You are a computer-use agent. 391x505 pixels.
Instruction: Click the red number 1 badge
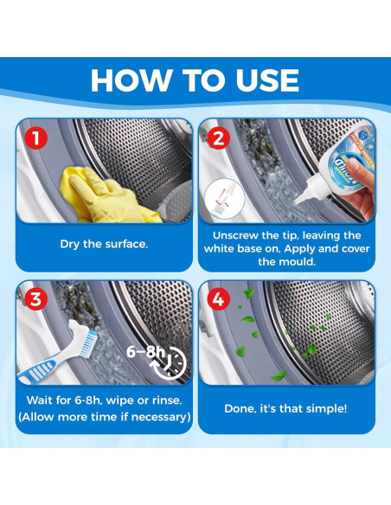pos(36,138)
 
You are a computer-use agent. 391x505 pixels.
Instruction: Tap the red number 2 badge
pos(218,138)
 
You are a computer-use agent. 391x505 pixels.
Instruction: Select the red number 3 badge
pos(36,298)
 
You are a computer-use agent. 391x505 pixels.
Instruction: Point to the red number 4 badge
pos(218,299)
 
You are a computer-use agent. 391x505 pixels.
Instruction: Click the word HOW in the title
pos(131,80)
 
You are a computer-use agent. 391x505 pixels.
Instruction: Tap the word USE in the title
pos(267,80)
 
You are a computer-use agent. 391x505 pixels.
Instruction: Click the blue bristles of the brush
pos(88,343)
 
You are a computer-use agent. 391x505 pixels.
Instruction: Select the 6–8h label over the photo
pos(145,352)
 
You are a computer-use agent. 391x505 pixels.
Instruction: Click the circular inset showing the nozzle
pos(225,199)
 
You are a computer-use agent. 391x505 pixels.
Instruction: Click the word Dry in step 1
pos(69,244)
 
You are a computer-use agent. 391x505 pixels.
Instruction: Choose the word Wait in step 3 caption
pos(39,400)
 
